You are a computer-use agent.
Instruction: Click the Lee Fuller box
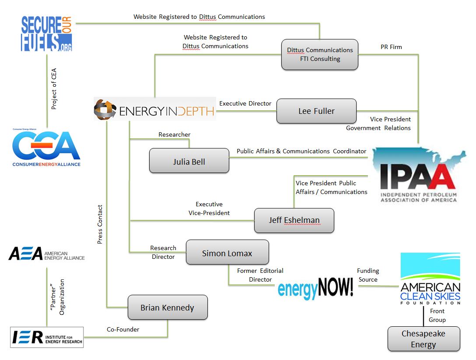click(316, 111)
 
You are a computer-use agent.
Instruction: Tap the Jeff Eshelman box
click(294, 220)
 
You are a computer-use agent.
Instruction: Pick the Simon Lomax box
click(227, 253)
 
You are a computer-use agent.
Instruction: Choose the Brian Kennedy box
click(167, 307)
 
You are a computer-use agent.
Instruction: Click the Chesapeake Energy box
click(423, 339)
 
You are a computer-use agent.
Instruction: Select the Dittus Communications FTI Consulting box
click(320, 54)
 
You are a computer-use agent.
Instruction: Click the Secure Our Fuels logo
click(47, 34)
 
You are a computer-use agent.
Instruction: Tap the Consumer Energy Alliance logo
click(46, 147)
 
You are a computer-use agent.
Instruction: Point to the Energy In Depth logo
click(154, 109)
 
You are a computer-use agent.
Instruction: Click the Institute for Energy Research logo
click(46, 337)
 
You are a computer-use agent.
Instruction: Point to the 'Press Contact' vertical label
click(100, 224)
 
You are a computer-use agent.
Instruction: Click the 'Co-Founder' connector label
click(123, 329)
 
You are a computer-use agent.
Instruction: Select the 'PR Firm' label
click(391, 47)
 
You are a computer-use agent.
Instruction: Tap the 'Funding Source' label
click(368, 275)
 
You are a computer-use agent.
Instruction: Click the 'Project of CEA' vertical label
click(54, 89)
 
